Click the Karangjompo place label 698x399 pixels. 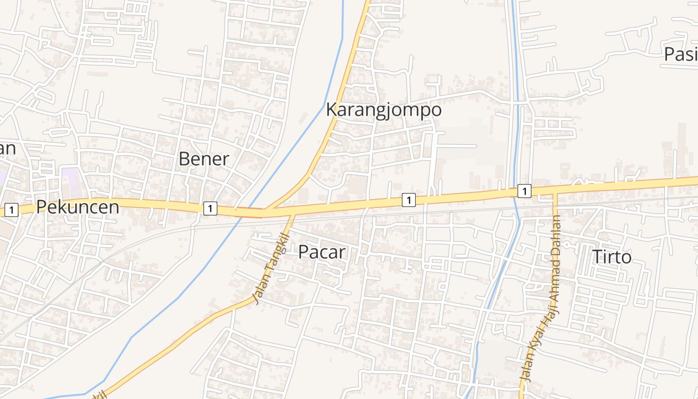pyautogui.click(x=383, y=110)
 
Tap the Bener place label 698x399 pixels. pyautogui.click(x=203, y=159)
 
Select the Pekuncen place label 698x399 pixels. pyautogui.click(x=78, y=207)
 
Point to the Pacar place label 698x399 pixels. pyautogui.click(x=322, y=252)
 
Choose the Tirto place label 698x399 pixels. pyautogui.click(x=612, y=257)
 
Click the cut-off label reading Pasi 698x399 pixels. pyautogui.click(x=680, y=54)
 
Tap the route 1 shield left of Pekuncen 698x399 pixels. pyautogui.click(x=11, y=210)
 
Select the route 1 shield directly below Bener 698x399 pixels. pyautogui.click(x=210, y=208)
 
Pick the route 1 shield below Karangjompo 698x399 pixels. pyautogui.click(x=408, y=200)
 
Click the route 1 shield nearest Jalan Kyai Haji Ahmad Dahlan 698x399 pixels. pyautogui.click(x=524, y=191)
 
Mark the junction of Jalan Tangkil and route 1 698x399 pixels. pyautogui.click(x=293, y=214)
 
